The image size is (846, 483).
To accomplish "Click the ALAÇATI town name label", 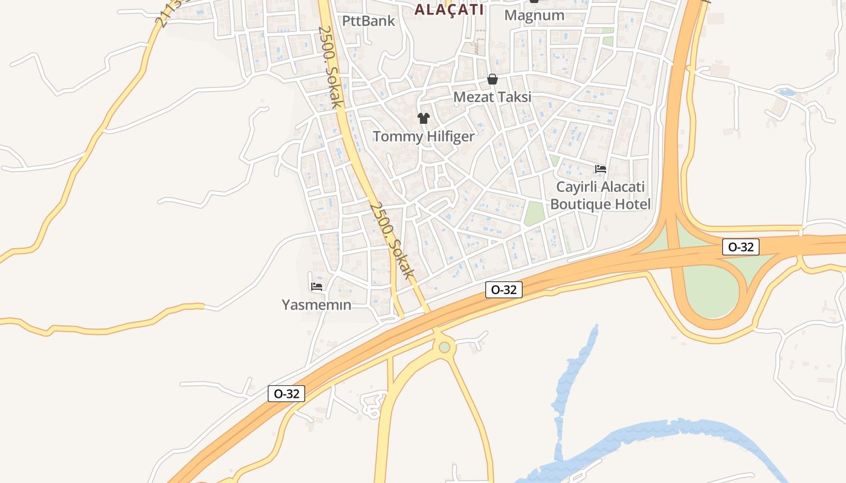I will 449,10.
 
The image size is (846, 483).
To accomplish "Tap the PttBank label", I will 368,21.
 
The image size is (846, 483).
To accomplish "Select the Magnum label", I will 534,15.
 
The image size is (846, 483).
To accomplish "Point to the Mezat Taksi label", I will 492,97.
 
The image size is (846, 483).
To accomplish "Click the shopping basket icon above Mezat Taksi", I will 492,79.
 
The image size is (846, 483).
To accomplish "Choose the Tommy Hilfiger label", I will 423,136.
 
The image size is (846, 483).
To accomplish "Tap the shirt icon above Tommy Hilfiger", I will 423,118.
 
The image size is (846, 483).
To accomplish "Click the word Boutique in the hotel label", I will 581,204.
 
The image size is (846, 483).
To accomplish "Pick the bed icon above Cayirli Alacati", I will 600,169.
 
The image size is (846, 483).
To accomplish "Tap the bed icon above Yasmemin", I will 316,286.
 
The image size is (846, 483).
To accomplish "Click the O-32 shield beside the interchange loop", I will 740,247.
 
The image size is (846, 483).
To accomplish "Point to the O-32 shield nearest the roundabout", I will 503,290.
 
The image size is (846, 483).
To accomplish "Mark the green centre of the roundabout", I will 445,347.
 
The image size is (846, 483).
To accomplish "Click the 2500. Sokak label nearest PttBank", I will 330,66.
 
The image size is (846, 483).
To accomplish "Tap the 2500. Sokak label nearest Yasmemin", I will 392,240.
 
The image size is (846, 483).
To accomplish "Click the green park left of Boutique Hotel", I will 534,213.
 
